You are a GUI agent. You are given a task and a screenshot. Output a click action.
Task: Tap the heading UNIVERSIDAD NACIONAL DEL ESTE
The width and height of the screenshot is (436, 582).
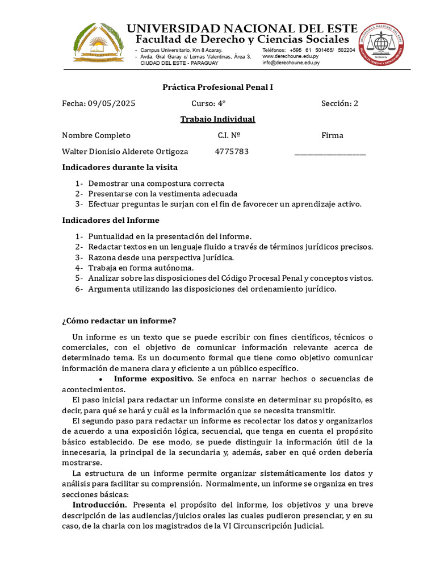(241, 28)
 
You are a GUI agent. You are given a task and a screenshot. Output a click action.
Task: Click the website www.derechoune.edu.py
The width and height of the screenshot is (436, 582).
(290, 56)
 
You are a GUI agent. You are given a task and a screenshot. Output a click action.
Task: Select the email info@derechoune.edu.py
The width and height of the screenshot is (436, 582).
(291, 63)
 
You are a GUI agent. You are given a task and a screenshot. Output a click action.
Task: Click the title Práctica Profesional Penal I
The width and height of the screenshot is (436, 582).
(218, 88)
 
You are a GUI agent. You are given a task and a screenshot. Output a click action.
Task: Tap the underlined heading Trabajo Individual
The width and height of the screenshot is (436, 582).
(217, 119)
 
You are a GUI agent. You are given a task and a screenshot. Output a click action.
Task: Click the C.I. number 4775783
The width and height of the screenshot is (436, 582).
(232, 152)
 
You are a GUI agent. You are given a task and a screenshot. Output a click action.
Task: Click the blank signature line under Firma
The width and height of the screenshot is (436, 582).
(330, 152)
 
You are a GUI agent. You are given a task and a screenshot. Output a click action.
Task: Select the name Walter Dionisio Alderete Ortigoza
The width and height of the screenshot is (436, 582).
(125, 152)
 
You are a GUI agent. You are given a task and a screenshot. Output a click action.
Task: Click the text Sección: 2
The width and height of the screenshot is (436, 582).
(339, 103)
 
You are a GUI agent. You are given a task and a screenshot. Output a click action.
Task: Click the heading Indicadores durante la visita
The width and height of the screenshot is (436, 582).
(120, 168)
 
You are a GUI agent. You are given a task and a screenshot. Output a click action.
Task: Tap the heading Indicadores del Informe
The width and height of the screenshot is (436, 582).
(111, 221)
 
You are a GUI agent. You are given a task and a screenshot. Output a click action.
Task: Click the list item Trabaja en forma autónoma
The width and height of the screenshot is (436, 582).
(141, 268)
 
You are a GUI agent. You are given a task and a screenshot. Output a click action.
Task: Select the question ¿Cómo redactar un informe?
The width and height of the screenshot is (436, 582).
(119, 321)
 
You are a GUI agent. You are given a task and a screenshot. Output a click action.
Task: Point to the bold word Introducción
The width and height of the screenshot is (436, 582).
(99, 505)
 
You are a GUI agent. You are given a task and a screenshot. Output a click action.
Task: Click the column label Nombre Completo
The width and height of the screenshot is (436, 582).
(97, 135)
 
